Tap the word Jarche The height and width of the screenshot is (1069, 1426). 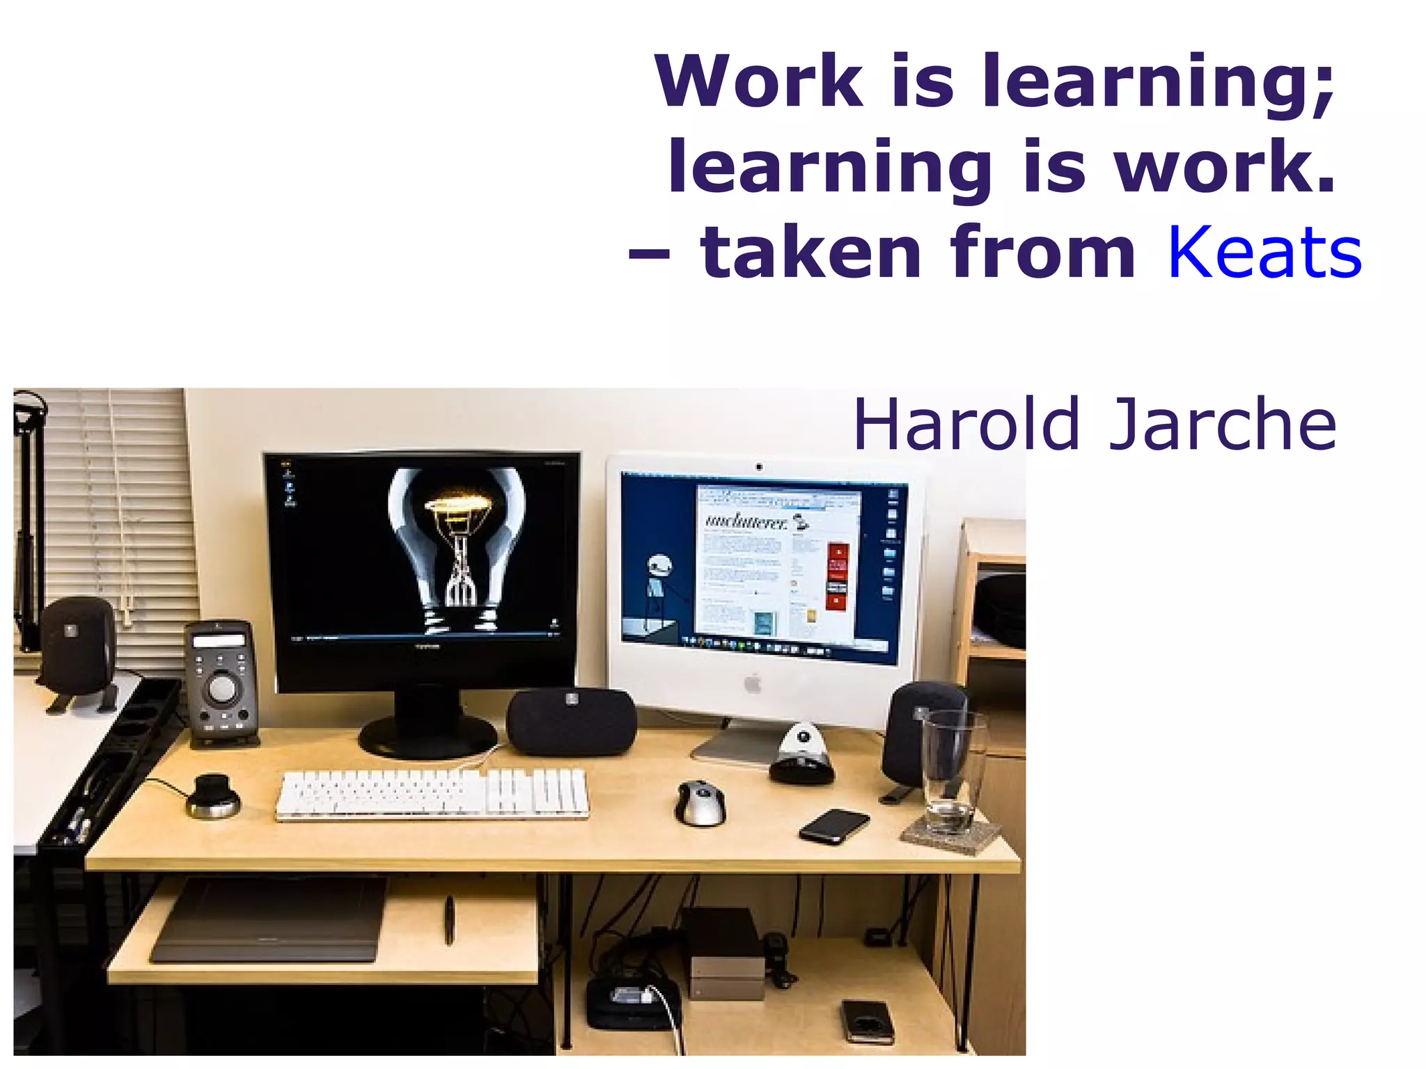[1223, 424]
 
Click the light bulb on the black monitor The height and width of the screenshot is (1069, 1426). [456, 543]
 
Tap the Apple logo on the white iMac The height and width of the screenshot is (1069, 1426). [753, 683]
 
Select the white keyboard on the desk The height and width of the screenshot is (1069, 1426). [432, 793]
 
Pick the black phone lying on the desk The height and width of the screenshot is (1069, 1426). [834, 825]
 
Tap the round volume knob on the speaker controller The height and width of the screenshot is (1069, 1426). [222, 688]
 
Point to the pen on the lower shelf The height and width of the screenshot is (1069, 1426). [450, 919]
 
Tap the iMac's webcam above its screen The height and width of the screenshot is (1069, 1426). [759, 467]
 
